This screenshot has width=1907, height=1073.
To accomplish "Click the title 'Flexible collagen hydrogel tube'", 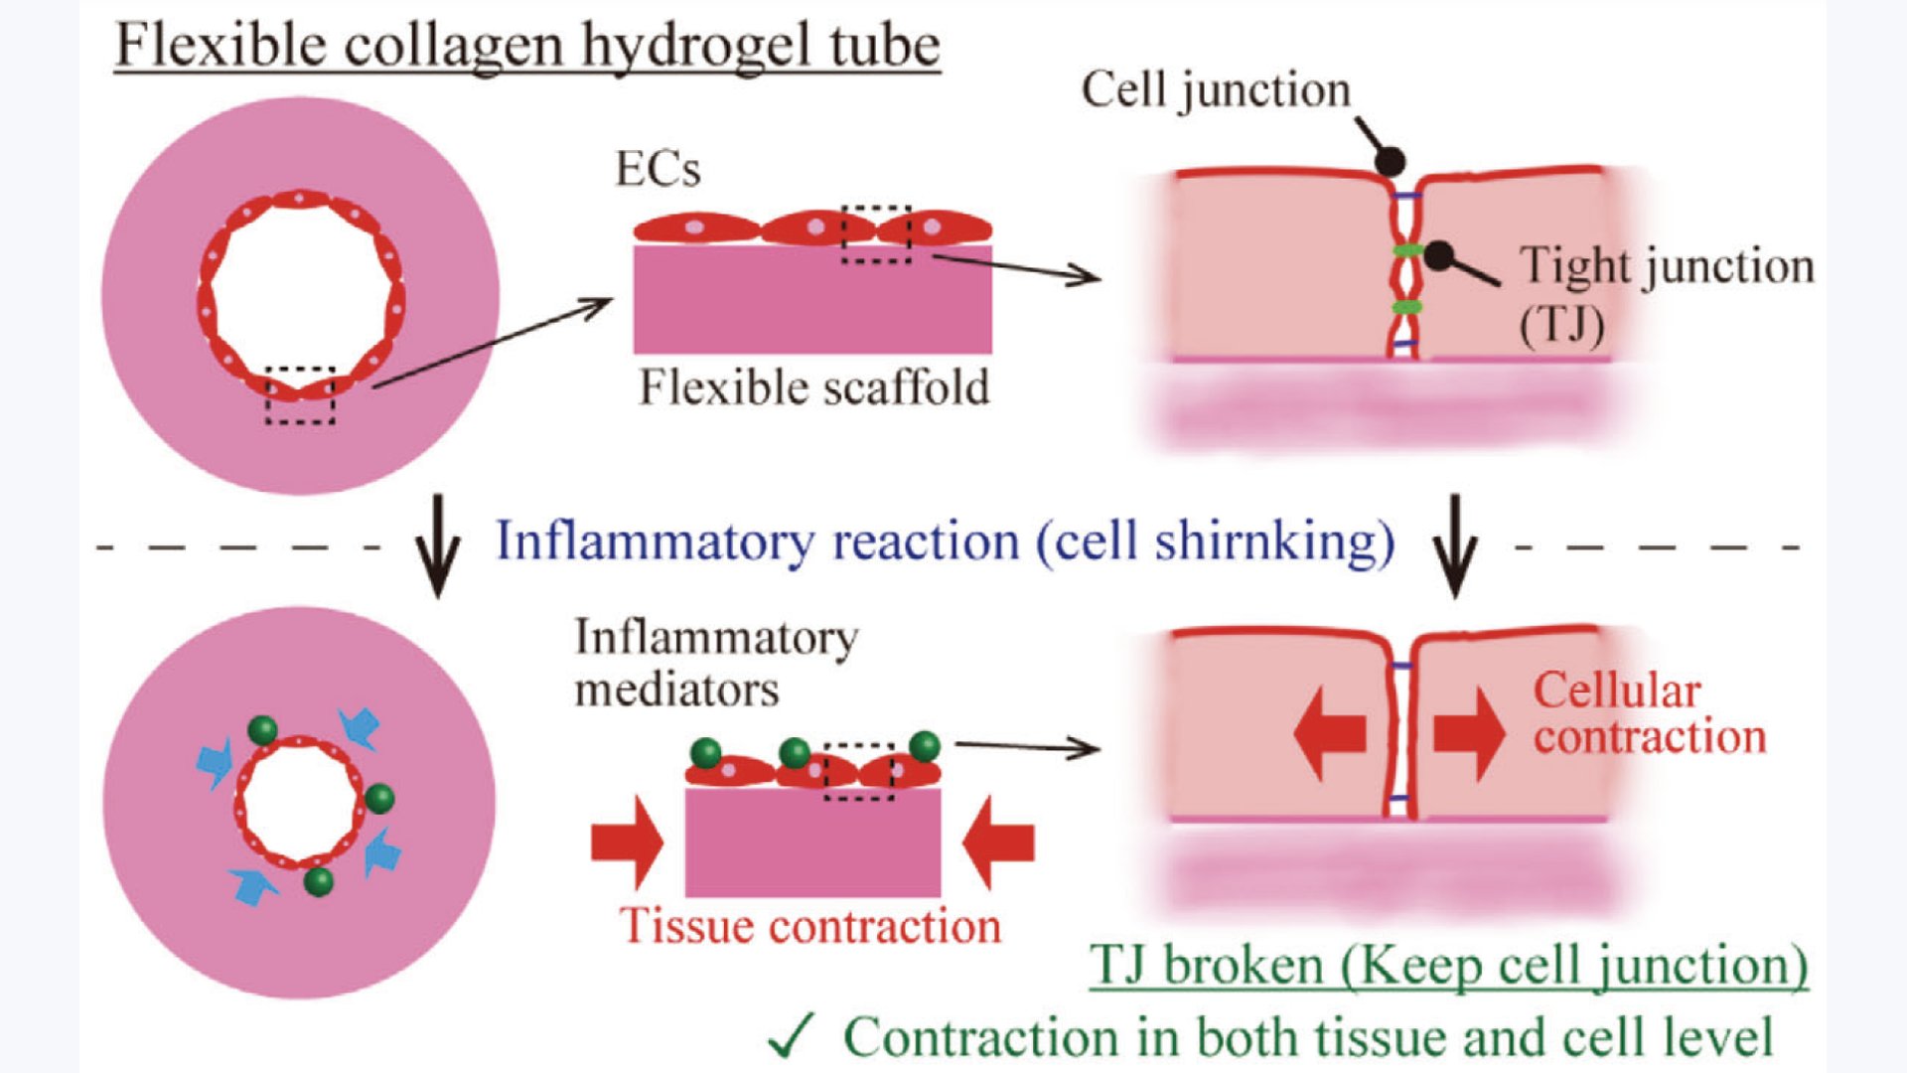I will click(x=527, y=46).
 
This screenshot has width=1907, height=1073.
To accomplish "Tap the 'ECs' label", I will click(x=658, y=169).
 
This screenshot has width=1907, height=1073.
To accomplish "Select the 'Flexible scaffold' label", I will click(x=813, y=387).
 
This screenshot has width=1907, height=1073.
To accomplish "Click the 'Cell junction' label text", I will click(x=1216, y=90).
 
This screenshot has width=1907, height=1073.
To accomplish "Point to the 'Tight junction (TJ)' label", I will click(x=1666, y=293).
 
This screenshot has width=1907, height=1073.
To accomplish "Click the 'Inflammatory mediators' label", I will click(x=716, y=663).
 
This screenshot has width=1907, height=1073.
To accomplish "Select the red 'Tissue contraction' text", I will click(x=810, y=926).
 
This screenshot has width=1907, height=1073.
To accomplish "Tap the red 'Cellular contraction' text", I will click(x=1649, y=713).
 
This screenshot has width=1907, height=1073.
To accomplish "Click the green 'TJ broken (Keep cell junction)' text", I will click(x=1448, y=965).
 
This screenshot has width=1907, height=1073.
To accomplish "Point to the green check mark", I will click(x=792, y=1035).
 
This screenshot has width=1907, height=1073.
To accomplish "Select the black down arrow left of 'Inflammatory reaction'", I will click(x=437, y=548).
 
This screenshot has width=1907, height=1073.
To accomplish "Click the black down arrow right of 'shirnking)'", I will click(x=1455, y=548).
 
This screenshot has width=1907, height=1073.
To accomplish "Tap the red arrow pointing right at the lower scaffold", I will click(x=627, y=843).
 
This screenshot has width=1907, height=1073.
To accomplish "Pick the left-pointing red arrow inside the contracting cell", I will click(x=1330, y=734).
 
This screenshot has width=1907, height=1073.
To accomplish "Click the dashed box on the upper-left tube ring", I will click(x=300, y=395).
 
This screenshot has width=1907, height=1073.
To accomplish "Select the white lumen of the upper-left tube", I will click(x=300, y=295).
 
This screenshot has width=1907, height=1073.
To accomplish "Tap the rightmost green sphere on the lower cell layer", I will click(x=924, y=745).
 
